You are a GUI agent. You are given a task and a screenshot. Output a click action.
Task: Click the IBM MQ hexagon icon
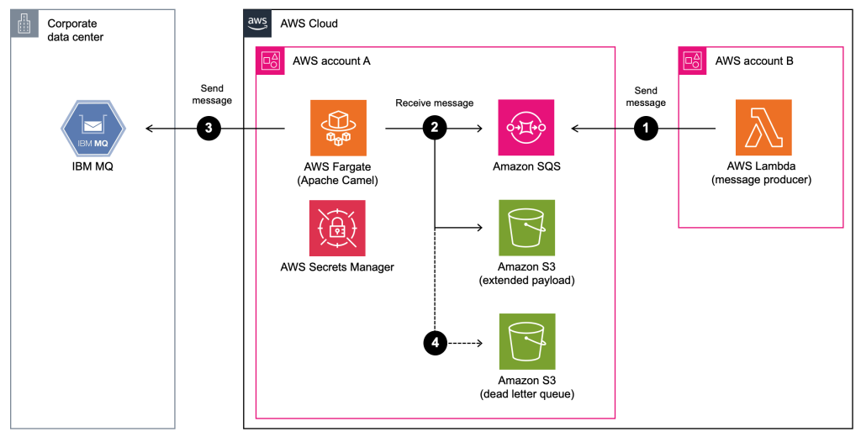coord(92,129)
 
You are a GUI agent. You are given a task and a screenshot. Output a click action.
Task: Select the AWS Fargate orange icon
coord(337,128)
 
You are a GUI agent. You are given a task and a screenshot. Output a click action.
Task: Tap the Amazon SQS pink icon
coord(526,128)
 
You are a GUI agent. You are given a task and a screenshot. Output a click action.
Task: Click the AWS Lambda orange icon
coord(763,128)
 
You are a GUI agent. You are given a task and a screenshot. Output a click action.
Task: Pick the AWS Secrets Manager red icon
coord(337,228)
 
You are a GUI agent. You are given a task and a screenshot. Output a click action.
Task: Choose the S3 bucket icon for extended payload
coord(526,228)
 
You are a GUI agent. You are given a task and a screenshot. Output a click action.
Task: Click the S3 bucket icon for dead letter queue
coord(526,341)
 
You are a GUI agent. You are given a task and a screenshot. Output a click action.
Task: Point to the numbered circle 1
coord(646,129)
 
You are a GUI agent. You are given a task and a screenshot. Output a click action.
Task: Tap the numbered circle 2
coord(434,129)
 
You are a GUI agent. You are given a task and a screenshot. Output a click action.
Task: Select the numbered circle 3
coord(209,129)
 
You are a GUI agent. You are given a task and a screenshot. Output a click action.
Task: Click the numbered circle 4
coord(434,342)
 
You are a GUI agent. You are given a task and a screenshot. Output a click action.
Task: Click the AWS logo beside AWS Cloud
coord(257,24)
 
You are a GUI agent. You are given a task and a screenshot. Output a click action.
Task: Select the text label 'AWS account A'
coord(331,61)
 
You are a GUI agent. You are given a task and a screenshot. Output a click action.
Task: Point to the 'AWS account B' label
coord(754,61)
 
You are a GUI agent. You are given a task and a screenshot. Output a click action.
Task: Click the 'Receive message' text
coord(434,103)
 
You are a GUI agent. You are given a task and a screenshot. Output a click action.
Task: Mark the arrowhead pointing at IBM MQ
coord(149,129)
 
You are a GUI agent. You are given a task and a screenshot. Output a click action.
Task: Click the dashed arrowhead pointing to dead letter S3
coord(481,342)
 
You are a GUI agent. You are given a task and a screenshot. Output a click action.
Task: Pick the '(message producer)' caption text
coord(763,180)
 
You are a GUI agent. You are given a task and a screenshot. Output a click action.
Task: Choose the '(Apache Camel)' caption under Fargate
coord(337,180)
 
